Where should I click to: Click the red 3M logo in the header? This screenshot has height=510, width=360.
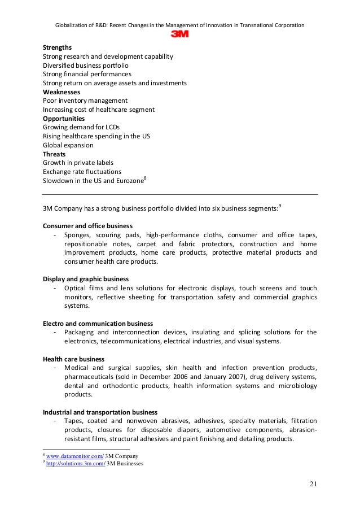(x=179, y=34)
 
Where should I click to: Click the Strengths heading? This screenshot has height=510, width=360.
(x=58, y=47)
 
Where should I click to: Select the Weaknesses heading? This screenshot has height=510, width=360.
(x=62, y=91)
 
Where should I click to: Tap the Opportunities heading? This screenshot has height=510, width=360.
(x=64, y=119)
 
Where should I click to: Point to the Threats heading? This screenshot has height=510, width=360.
(x=54, y=154)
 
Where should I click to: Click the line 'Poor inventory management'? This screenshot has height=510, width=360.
(x=85, y=101)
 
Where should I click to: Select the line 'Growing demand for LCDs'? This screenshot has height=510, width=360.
(x=81, y=127)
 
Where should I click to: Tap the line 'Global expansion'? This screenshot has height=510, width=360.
(x=68, y=145)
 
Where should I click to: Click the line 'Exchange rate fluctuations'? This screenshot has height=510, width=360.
(x=82, y=171)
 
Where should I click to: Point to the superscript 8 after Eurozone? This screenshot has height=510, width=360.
(x=146, y=178)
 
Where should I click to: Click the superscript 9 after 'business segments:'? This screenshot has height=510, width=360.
(x=280, y=206)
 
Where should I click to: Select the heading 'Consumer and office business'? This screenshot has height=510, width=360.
(x=88, y=226)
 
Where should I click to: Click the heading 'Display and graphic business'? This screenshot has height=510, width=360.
(x=86, y=279)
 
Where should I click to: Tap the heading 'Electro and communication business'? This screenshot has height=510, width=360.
(x=98, y=324)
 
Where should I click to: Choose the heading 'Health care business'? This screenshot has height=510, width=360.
(x=73, y=359)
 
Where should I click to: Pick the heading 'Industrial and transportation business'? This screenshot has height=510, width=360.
(x=100, y=412)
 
